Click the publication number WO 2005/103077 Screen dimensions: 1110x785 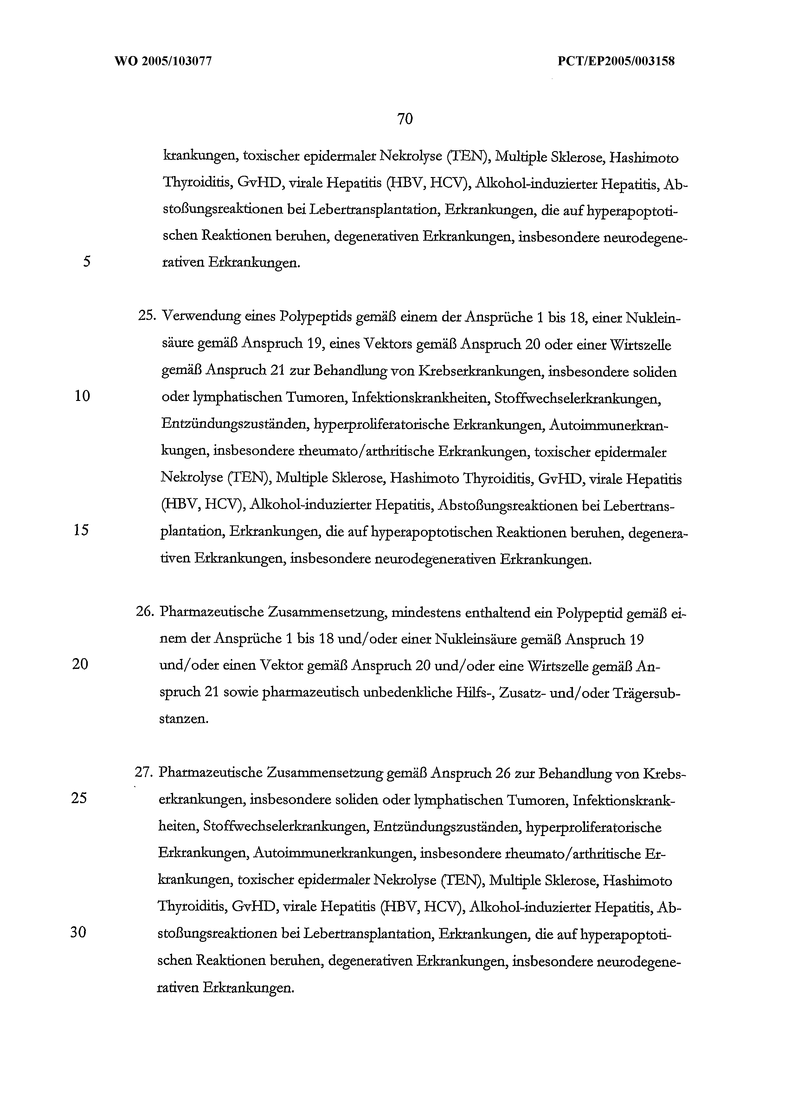click(163, 61)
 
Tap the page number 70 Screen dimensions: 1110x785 click(404, 119)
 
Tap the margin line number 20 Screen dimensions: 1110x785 click(80, 665)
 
